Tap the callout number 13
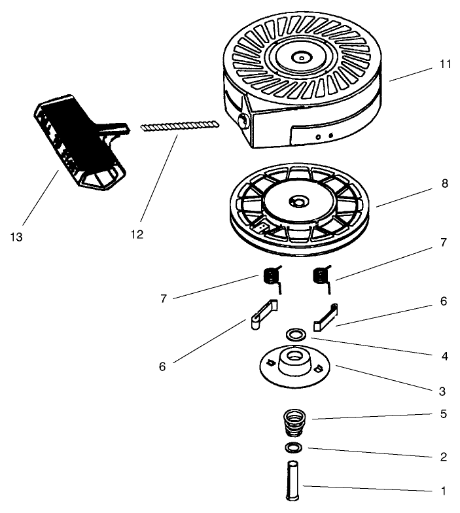pyautogui.click(x=17, y=236)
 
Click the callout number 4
pyautogui.click(x=444, y=357)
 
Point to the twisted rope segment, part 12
pyautogui.click(x=179, y=125)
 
